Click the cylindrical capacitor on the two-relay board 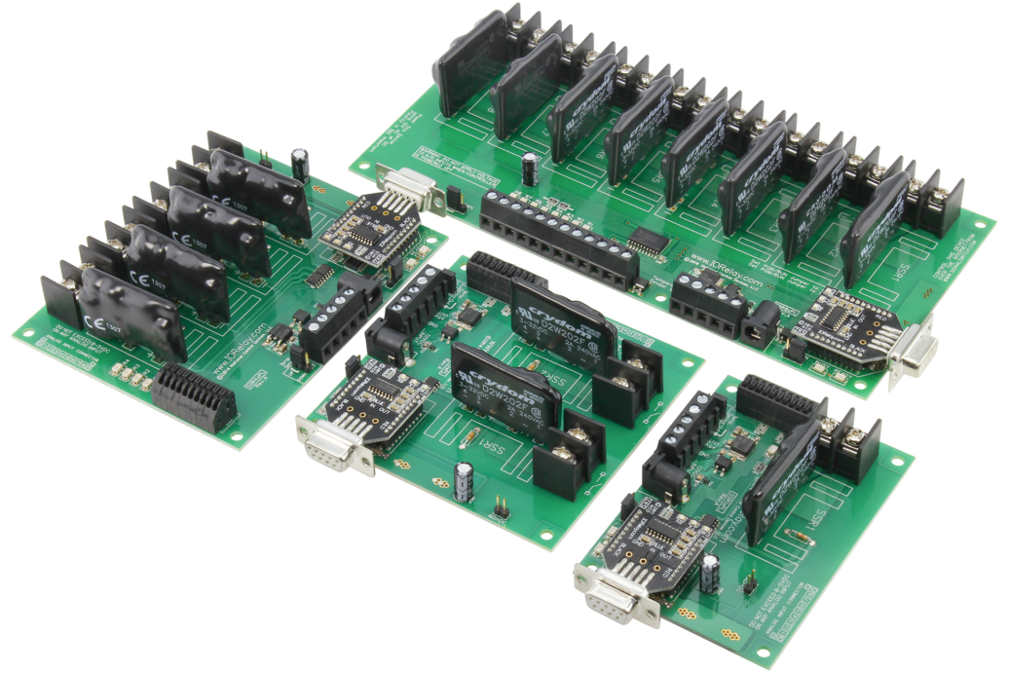(464, 480)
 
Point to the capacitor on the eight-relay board (530, 168)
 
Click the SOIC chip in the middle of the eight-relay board (647, 236)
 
